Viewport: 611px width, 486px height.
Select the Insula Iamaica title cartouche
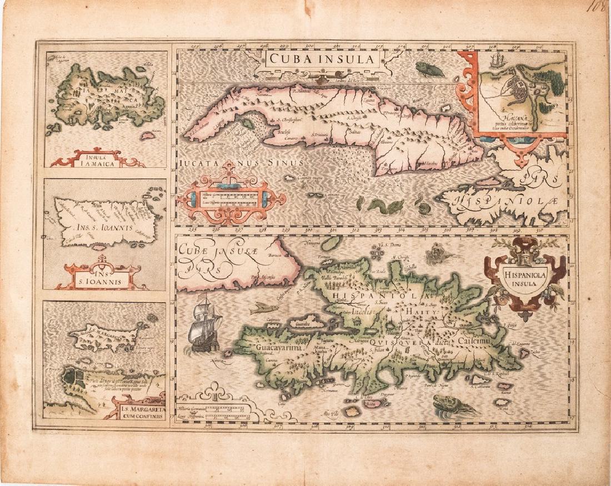point(97,159)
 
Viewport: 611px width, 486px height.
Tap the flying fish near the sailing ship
point(264,308)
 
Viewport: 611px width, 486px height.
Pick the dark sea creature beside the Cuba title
point(430,69)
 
